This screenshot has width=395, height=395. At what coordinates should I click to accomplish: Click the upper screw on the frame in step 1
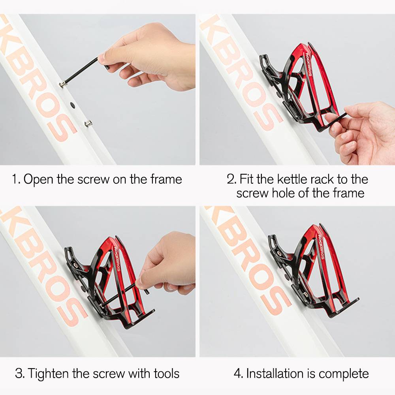tap(63, 85)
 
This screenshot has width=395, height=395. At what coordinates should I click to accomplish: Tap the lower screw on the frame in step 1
tap(88, 124)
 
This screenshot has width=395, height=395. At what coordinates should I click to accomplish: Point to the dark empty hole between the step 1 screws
tap(72, 105)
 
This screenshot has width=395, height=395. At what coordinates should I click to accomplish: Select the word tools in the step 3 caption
tap(167, 373)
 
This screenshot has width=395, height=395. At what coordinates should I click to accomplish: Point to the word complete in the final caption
tap(344, 374)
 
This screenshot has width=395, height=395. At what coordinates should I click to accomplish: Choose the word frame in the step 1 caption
tap(166, 180)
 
